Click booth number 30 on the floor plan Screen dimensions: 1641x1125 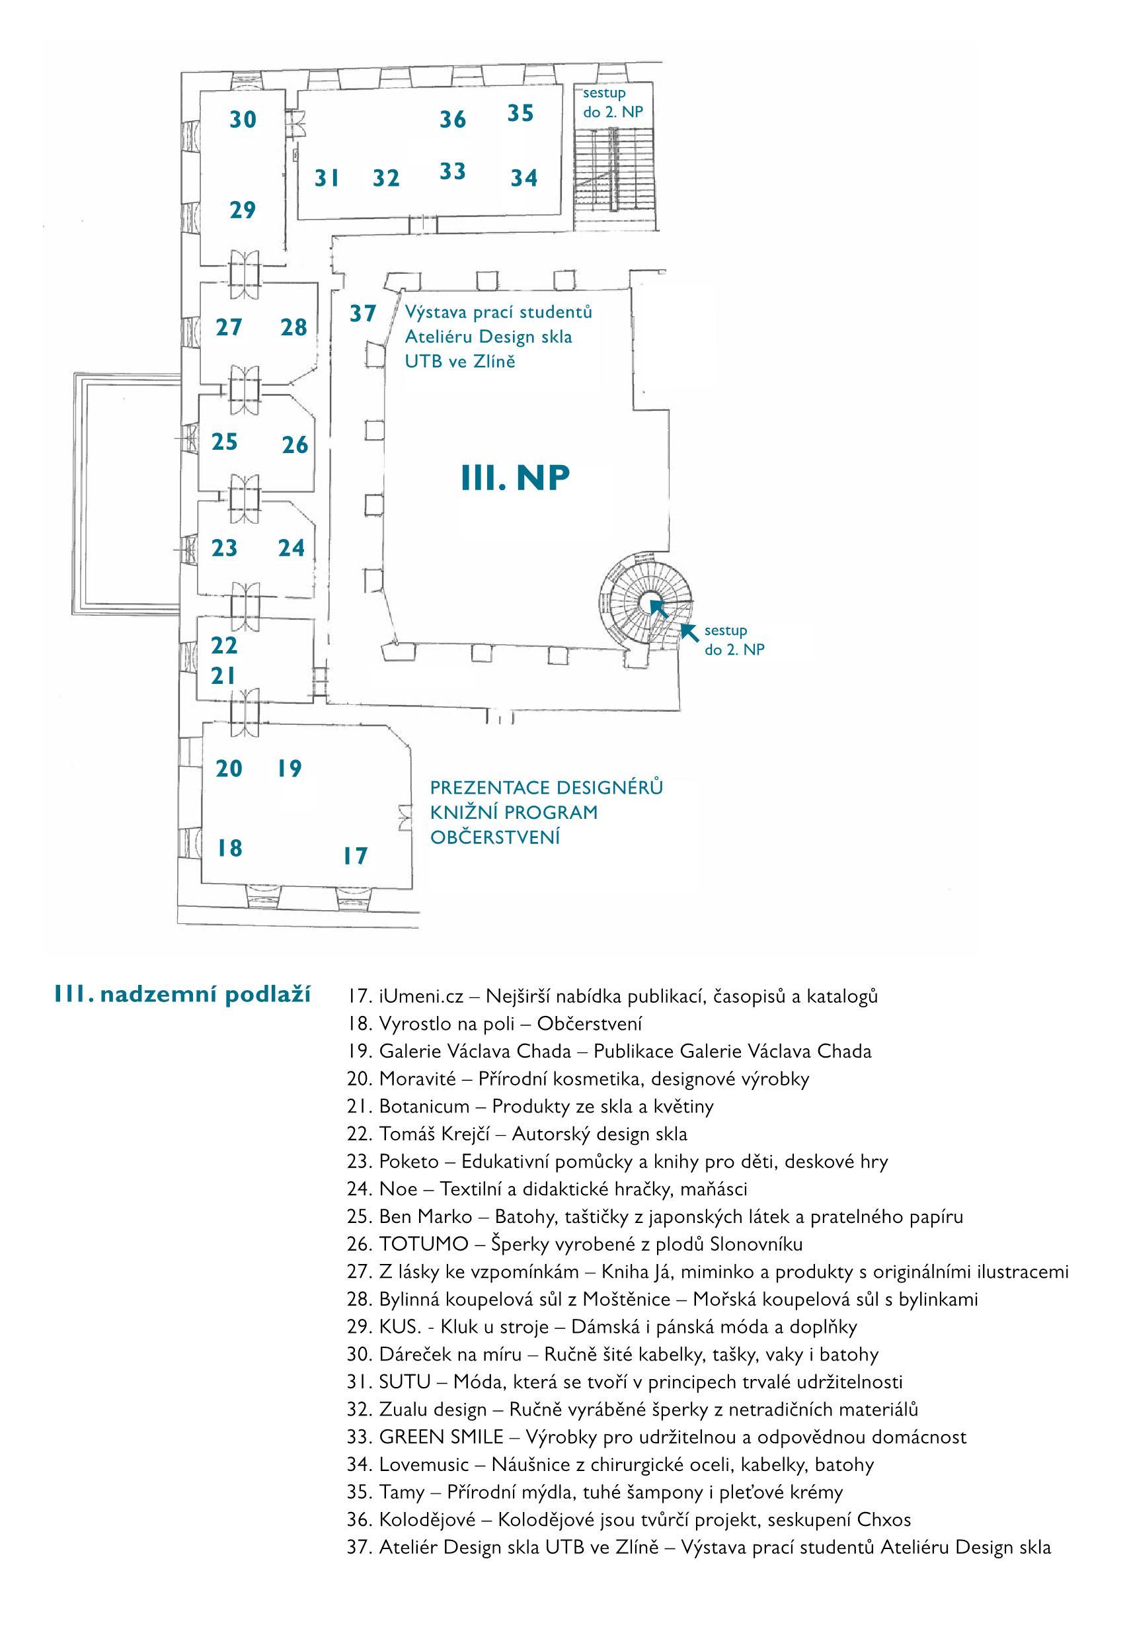243,119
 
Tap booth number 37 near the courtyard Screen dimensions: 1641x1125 363,313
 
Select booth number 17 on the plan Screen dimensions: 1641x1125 356,856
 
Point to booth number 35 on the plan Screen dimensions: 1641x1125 520,113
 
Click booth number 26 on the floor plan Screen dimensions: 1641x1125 295,445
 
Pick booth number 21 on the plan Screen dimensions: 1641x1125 223,676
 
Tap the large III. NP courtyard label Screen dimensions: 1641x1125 515,478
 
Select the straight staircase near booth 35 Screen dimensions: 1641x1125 613,169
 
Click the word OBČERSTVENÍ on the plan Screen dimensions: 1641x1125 494,837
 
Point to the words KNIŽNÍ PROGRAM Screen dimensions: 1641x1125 514,812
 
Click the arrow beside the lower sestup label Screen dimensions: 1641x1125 689,632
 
